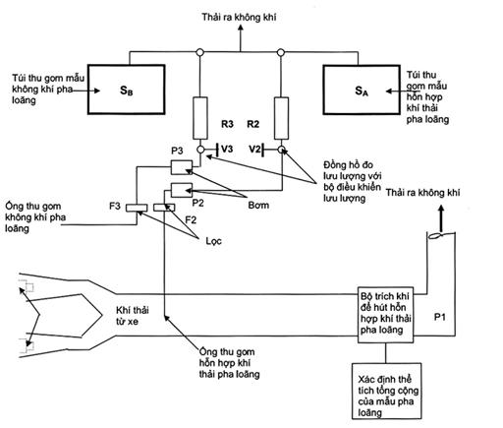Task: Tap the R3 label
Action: coord(227,124)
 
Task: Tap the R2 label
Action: coord(252,124)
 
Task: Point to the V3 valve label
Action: coord(227,149)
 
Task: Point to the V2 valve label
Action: coord(254,150)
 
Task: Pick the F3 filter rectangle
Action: coord(137,208)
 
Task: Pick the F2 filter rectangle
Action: coord(164,208)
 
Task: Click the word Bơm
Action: coord(258,206)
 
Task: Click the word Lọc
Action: coord(213,241)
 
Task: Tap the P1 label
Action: coord(439,317)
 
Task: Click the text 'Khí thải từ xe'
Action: coord(133,316)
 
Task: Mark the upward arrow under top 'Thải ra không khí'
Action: coord(241,37)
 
